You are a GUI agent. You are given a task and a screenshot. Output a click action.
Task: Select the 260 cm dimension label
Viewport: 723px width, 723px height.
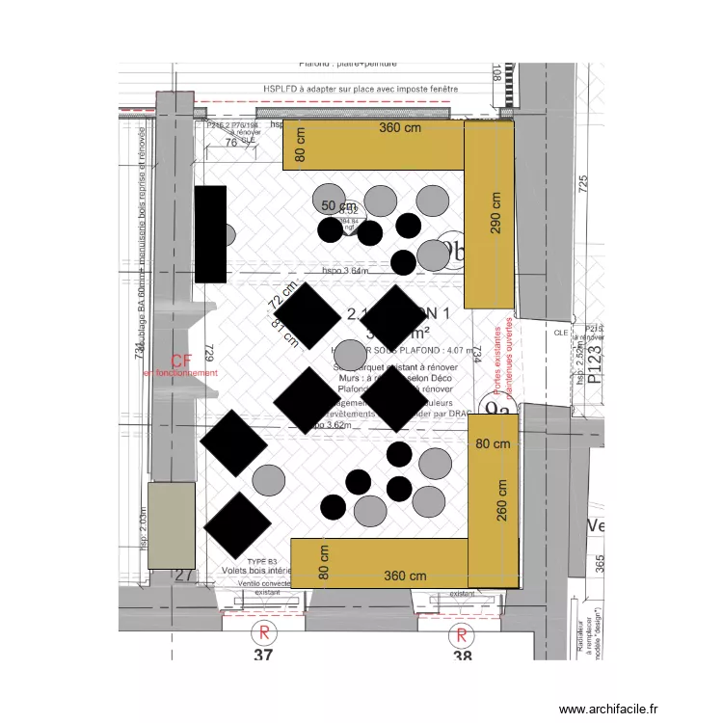pyautogui.click(x=501, y=500)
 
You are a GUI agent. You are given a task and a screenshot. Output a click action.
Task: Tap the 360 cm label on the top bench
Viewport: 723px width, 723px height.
pyautogui.click(x=401, y=128)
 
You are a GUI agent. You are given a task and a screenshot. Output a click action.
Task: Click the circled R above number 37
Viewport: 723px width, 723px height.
pyautogui.click(x=262, y=633)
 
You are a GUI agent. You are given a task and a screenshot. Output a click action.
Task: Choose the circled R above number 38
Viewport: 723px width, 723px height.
pyautogui.click(x=462, y=634)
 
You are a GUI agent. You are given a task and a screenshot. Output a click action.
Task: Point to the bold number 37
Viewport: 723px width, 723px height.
pyautogui.click(x=262, y=656)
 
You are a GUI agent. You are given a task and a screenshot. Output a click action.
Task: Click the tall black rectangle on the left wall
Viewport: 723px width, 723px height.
pyautogui.click(x=210, y=233)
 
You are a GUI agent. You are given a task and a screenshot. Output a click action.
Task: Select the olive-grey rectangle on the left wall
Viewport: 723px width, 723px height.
pyautogui.click(x=164, y=524)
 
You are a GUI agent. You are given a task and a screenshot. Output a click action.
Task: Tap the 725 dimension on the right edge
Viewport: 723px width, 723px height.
pyautogui.click(x=581, y=186)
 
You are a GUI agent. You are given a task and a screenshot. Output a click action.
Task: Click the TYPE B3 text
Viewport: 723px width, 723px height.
pyautogui.click(x=261, y=560)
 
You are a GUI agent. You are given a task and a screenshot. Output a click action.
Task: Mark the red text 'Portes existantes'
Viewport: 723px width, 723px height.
pyautogui.click(x=498, y=359)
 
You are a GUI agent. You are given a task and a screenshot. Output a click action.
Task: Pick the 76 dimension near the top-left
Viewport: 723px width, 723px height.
pyautogui.click(x=230, y=143)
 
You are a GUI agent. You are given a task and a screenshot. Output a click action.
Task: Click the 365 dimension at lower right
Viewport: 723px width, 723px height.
pyautogui.click(x=600, y=563)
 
